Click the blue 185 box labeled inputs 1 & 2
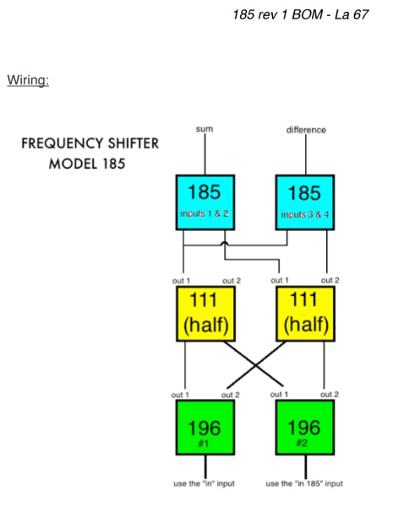point(205,202)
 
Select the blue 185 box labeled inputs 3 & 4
point(305,202)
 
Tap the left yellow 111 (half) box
point(205,313)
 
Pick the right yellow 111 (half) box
point(305,313)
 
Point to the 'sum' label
point(205,129)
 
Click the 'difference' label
point(305,130)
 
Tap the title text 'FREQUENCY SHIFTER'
point(90,143)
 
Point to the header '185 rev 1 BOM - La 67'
point(301,14)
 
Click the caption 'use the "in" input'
point(205,484)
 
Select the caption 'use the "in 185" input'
point(305,484)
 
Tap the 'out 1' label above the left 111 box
point(182,279)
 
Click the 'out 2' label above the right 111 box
point(330,279)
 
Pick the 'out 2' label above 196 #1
point(230,395)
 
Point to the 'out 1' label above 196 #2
point(281,395)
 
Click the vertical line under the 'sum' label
point(205,156)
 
